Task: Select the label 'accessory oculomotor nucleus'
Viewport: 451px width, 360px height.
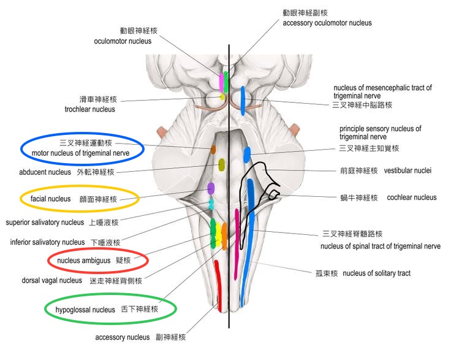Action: pyautogui.click(x=327, y=23)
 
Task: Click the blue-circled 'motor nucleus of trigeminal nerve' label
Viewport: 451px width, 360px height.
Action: pyautogui.click(x=81, y=152)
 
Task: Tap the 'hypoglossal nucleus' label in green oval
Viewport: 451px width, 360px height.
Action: pyautogui.click(x=85, y=310)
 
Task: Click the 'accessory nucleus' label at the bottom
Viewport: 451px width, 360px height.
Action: pyautogui.click(x=122, y=337)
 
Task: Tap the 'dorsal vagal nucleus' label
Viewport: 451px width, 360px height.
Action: pyautogui.click(x=51, y=280)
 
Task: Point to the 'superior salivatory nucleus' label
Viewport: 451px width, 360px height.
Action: pyautogui.click(x=45, y=222)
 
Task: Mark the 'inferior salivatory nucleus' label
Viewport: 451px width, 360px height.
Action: pyautogui.click(x=48, y=242)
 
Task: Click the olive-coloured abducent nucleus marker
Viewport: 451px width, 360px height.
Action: pyautogui.click(x=222, y=164)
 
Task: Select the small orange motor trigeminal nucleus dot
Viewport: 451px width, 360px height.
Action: pyautogui.click(x=213, y=149)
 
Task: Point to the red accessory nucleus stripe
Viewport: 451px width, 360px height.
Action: pyautogui.click(x=218, y=285)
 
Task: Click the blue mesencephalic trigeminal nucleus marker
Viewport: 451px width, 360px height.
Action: pyautogui.click(x=243, y=100)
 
